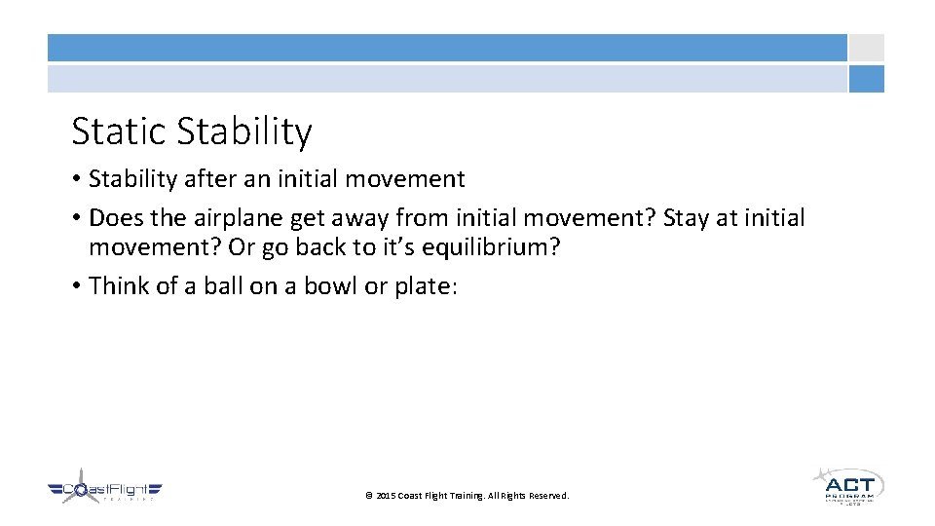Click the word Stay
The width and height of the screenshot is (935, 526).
tap(686, 217)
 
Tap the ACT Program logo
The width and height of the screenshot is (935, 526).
tap(846, 484)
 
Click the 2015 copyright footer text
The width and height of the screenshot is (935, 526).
tap(467, 496)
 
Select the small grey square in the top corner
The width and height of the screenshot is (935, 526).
tap(866, 48)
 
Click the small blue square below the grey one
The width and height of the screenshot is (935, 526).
tap(866, 79)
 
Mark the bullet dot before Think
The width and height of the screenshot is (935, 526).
tap(76, 286)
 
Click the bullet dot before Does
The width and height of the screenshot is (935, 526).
tap(76, 218)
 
